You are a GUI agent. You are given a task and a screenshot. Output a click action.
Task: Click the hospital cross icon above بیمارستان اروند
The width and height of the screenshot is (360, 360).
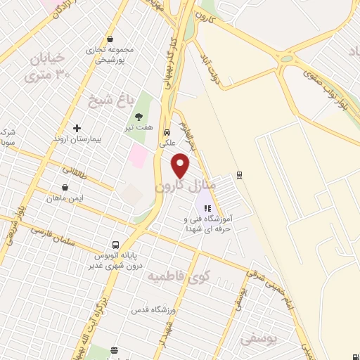click(77, 128)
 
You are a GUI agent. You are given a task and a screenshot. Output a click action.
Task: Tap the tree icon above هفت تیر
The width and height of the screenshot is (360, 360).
click(139, 116)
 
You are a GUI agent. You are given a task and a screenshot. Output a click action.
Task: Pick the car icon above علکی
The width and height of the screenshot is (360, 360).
click(167, 132)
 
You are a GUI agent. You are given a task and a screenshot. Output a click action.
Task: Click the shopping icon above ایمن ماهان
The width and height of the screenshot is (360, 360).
click(65, 188)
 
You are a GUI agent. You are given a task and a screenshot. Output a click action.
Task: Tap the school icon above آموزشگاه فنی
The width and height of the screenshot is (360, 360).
click(207, 208)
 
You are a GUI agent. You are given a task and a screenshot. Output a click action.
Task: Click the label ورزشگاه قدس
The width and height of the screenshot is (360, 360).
click(150, 309)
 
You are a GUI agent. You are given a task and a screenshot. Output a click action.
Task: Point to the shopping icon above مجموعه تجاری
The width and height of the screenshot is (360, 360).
click(110, 40)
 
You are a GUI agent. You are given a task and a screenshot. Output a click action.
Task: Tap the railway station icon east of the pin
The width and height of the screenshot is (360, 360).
click(240, 175)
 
